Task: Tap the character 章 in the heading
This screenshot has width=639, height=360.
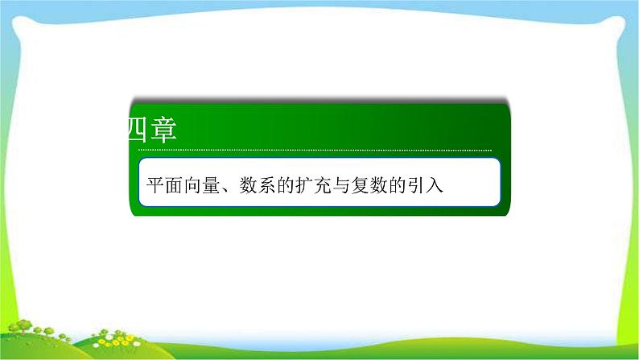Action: point(163,130)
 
